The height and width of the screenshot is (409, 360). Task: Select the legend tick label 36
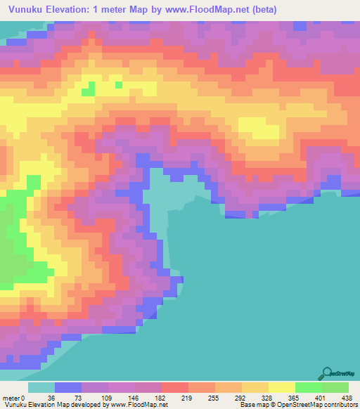[x=51, y=397]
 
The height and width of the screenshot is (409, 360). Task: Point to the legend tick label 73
[x=77, y=397]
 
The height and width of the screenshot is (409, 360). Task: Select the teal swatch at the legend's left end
[x=41, y=387]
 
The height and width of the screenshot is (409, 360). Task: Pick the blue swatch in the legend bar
[x=68, y=387]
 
